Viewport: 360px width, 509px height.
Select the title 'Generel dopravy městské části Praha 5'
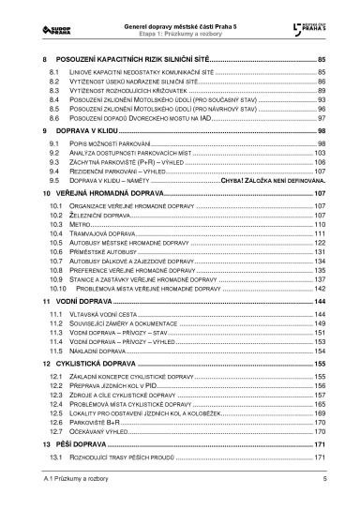tap(180, 10)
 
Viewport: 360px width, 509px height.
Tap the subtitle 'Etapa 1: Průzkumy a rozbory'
tap(180, 22)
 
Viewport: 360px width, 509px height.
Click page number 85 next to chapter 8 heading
tap(320, 58)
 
